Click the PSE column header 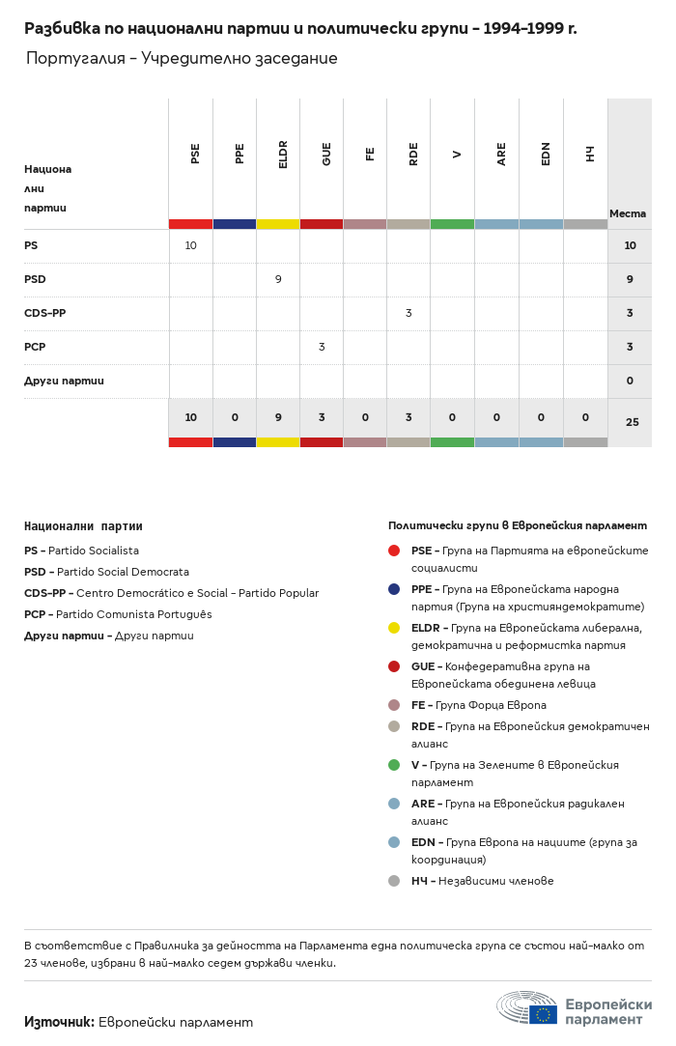point(195,154)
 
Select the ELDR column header point(283,154)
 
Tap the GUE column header point(326,154)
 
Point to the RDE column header point(413,154)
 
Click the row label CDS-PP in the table point(44,313)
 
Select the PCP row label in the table point(35,347)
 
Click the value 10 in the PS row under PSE point(190,245)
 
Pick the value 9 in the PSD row point(278,279)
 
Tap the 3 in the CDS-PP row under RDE point(408,313)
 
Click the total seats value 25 point(631,422)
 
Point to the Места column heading point(628,213)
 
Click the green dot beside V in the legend point(394,765)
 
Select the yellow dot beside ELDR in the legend point(394,628)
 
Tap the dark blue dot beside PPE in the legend point(394,589)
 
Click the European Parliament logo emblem point(527,1007)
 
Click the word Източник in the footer point(59,1021)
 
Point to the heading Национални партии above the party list point(83,526)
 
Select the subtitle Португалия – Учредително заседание point(182,59)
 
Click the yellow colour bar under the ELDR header point(278,224)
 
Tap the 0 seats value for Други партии point(630,381)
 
